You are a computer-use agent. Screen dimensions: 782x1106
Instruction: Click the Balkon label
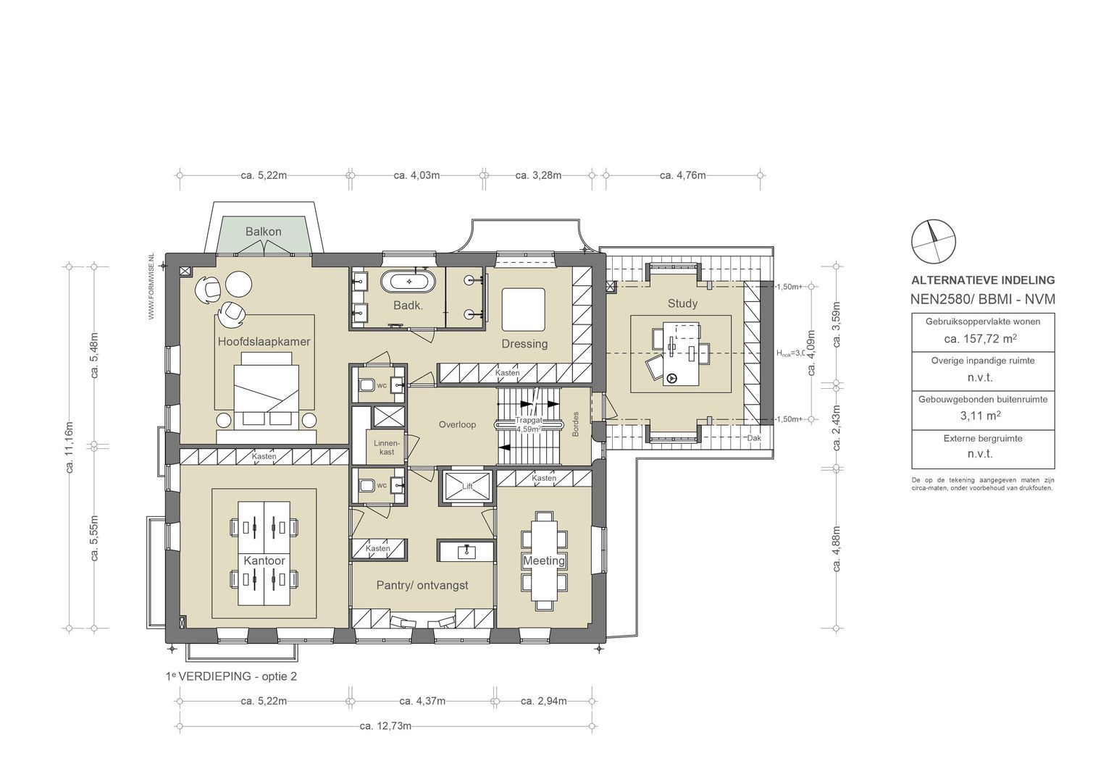pyautogui.click(x=263, y=232)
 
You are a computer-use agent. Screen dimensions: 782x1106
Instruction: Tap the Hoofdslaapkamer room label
pyautogui.click(x=264, y=342)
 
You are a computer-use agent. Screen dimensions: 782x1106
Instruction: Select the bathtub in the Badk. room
pyautogui.click(x=409, y=282)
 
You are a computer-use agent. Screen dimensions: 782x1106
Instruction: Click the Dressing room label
pyautogui.click(x=524, y=344)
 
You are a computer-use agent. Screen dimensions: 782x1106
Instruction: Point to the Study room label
pyautogui.click(x=682, y=303)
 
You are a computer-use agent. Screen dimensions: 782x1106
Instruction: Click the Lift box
pyautogui.click(x=467, y=487)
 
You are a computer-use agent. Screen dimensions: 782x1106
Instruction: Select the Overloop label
pyautogui.click(x=457, y=424)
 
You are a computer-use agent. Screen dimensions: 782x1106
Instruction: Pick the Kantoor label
pyautogui.click(x=264, y=561)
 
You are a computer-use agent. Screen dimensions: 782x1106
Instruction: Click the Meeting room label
pyautogui.click(x=544, y=561)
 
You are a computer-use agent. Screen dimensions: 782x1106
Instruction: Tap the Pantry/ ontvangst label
pyautogui.click(x=422, y=585)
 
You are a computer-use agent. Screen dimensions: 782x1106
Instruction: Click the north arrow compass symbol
pyautogui.click(x=933, y=241)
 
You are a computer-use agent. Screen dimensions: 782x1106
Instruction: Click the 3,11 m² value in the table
pyautogui.click(x=981, y=416)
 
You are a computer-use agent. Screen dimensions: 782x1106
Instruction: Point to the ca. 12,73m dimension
pyautogui.click(x=385, y=726)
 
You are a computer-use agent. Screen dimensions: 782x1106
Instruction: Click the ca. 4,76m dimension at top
pyautogui.click(x=682, y=175)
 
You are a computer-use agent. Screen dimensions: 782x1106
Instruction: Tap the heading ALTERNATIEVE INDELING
pyautogui.click(x=982, y=280)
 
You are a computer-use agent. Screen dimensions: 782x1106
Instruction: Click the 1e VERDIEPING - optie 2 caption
pyautogui.click(x=231, y=676)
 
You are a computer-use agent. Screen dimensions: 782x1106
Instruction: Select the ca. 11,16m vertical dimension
pyautogui.click(x=70, y=447)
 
